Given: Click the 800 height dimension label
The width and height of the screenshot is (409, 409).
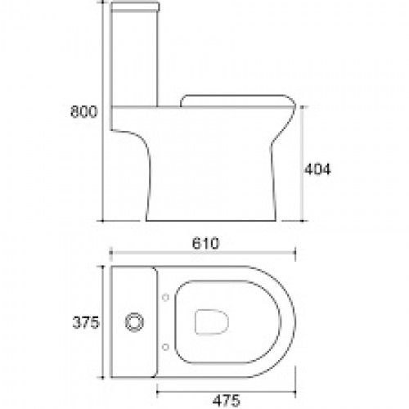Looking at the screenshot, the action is click(x=83, y=111).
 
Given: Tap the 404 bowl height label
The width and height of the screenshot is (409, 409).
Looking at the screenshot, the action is click(x=317, y=169).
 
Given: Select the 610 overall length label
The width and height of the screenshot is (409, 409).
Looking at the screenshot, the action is click(x=205, y=243).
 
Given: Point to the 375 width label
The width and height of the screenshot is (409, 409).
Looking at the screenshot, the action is click(x=86, y=323).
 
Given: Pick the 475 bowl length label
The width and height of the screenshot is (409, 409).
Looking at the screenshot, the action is click(x=227, y=400).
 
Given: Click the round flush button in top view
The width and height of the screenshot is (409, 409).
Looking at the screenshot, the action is click(x=134, y=322).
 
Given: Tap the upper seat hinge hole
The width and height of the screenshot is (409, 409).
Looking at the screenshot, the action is click(x=165, y=298).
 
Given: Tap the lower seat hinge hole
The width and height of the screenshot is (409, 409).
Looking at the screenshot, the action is click(x=165, y=347).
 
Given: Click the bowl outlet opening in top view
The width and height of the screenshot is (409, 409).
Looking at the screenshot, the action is click(x=212, y=322).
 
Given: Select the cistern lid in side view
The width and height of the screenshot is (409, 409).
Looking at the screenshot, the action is click(x=135, y=7).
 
